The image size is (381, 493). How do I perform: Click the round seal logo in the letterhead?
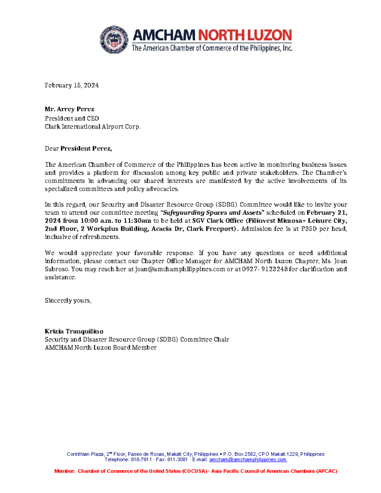tap(114, 40)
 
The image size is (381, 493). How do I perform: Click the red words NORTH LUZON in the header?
tap(245, 35)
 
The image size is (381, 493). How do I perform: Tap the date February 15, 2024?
tap(71, 85)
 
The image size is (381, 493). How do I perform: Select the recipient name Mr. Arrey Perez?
tap(70, 109)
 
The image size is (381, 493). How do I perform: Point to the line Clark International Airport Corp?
tap(92, 126)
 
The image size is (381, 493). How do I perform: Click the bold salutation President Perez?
tap(86, 148)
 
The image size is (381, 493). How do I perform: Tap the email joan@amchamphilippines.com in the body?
tap(180, 269)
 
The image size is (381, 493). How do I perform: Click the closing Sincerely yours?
tap(68, 300)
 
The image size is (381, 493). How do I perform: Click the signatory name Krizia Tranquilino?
tap(74, 331)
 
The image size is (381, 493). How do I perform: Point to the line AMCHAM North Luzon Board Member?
tap(100, 347)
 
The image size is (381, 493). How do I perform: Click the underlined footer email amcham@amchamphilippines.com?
tap(248, 459)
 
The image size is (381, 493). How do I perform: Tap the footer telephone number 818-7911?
tap(141, 459)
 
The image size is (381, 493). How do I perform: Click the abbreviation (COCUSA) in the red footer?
tap(195, 471)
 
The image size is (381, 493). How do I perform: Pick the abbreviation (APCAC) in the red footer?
tap(326, 471)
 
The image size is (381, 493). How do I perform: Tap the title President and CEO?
tap(72, 118)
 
